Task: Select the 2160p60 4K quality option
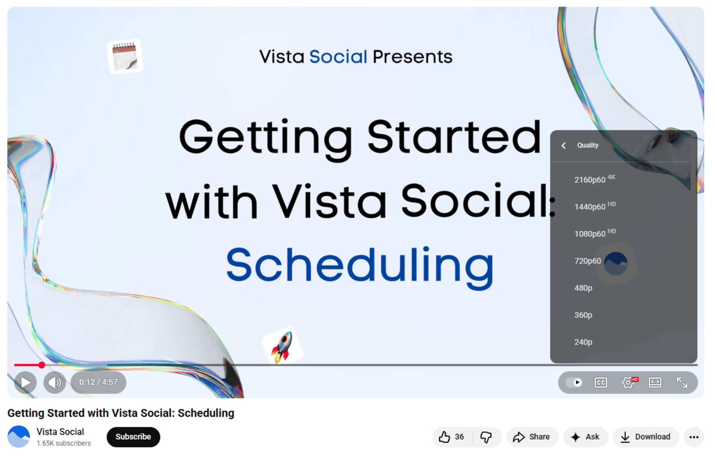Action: point(594,179)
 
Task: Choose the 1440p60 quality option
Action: point(595,206)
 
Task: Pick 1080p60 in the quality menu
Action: point(595,233)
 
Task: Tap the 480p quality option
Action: point(583,288)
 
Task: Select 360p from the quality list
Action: point(583,315)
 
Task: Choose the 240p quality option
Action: point(583,342)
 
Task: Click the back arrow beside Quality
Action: point(564,146)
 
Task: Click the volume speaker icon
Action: point(55,382)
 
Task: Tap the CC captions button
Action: point(601,382)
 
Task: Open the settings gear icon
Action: point(628,382)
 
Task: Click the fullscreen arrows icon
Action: point(682,382)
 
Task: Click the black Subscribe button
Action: point(133,437)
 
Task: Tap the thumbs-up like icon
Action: point(444,437)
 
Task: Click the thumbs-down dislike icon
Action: point(486,437)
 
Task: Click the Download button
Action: point(646,437)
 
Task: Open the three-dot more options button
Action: point(694,437)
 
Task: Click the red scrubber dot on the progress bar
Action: point(42,365)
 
